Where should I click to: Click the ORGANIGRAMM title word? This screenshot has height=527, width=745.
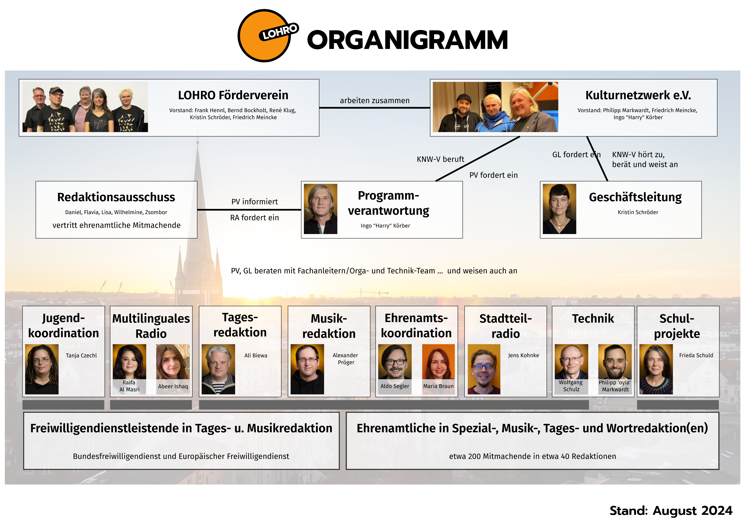407,40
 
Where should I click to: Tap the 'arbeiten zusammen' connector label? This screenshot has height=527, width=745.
375,101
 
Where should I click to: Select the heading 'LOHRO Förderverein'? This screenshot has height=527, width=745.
233,95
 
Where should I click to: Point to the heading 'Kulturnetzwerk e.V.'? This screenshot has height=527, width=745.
638,95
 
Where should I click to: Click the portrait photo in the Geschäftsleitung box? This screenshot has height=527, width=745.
559,209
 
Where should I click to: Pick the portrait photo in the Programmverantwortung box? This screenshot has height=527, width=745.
321,209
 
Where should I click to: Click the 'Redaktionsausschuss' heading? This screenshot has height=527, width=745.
116,197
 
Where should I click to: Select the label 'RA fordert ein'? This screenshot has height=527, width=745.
254,218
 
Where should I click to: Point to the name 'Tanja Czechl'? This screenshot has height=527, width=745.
81,355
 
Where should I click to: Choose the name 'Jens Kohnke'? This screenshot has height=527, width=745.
523,355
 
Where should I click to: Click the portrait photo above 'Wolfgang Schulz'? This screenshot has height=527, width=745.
571,362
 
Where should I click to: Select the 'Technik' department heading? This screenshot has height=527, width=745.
593,318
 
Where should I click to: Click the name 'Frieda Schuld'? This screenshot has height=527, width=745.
696,355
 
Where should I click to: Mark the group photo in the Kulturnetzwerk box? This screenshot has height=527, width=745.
495,107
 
